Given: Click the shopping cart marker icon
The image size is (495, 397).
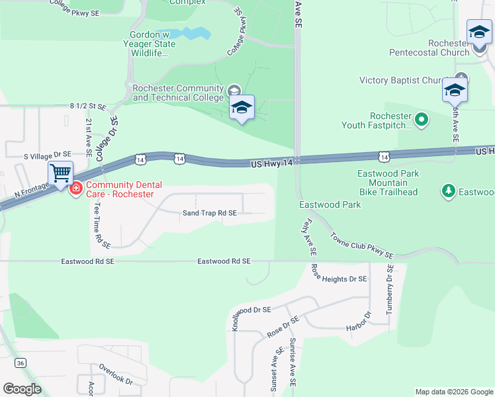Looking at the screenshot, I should click(x=60, y=174).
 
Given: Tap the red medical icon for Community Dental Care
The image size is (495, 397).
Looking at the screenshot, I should click(x=75, y=189).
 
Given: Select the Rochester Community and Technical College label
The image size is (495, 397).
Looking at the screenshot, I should click(x=178, y=93).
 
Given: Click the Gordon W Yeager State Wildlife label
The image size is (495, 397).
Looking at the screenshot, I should click(x=153, y=44).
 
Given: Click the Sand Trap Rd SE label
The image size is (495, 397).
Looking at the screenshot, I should click(x=209, y=213).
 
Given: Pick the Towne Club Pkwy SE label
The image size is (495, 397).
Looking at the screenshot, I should click(x=361, y=245).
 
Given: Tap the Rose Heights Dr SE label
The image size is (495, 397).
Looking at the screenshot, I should click(x=339, y=279).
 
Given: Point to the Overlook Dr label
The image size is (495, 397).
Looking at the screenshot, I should click(x=116, y=374).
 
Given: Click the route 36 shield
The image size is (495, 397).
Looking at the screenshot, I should click(x=21, y=363).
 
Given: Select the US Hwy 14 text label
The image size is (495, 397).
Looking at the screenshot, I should click(x=271, y=163).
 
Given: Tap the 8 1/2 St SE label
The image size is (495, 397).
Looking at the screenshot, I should click(x=88, y=106).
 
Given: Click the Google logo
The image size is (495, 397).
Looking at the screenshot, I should click(x=22, y=389).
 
